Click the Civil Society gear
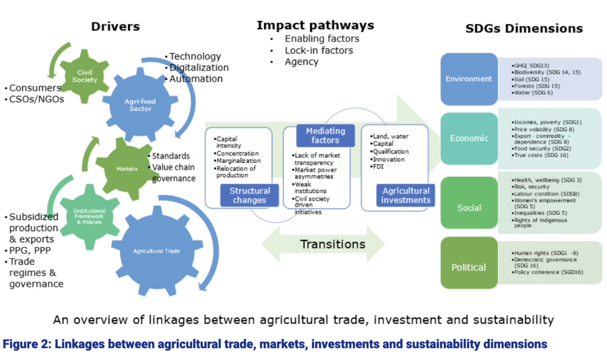pos(84,76)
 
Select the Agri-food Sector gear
pos(140,105)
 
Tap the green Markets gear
pos(127,169)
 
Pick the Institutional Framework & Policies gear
pos(89,216)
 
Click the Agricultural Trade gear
pos(156,251)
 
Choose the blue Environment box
pos(469,79)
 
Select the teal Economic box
pos(469,138)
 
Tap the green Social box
pos(469,208)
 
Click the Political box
pos(469,267)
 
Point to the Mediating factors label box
pos(325,135)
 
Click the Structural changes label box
pos(250,195)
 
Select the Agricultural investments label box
pos(406,195)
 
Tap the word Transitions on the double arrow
pos(333,244)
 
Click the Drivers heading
pos(115,27)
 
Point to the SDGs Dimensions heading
pos(524,28)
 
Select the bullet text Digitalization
pos(199,67)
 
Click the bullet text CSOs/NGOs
pos(36,99)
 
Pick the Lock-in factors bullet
pos(319,50)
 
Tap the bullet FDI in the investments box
pos(378,167)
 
